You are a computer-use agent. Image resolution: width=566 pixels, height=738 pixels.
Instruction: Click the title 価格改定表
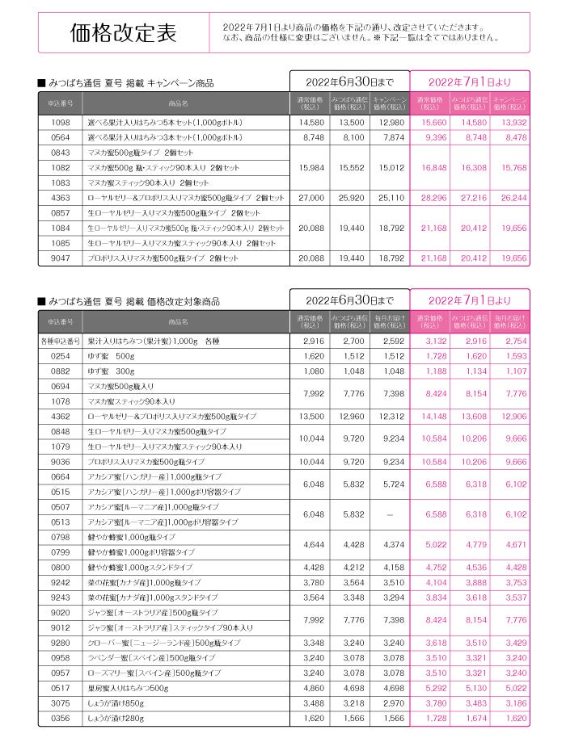pos(123,34)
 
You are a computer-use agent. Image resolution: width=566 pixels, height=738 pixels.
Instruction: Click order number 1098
pos(61,122)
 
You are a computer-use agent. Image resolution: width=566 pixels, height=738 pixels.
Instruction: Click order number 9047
pos(61,258)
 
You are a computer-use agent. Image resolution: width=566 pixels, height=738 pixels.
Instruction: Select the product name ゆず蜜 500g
pos(112,356)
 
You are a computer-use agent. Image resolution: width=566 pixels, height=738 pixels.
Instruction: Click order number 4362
pos(61,417)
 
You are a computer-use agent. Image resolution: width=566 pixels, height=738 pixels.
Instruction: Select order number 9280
pos(61,643)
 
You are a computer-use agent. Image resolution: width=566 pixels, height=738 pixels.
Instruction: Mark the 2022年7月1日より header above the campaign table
pos(470,82)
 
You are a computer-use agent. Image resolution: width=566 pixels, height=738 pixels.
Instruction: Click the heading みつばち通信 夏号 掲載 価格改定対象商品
pos(133,302)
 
